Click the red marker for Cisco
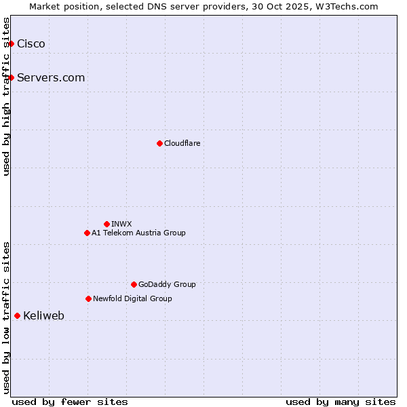click(11, 44)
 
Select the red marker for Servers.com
click(11, 78)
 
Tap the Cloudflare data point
click(159, 143)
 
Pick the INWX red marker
click(106, 224)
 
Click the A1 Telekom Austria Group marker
click(87, 233)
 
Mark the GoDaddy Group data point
click(134, 284)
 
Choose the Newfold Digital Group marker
click(88, 298)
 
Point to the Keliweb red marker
click(17, 315)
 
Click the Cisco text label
click(31, 44)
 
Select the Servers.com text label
click(51, 78)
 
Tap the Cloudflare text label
click(182, 143)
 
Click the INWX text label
click(121, 224)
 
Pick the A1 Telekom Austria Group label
click(138, 233)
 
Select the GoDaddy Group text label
click(167, 284)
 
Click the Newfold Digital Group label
click(132, 298)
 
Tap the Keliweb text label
click(43, 315)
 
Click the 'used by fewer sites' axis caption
click(70, 402)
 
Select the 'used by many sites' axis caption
click(341, 402)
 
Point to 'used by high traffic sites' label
click(6, 96)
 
